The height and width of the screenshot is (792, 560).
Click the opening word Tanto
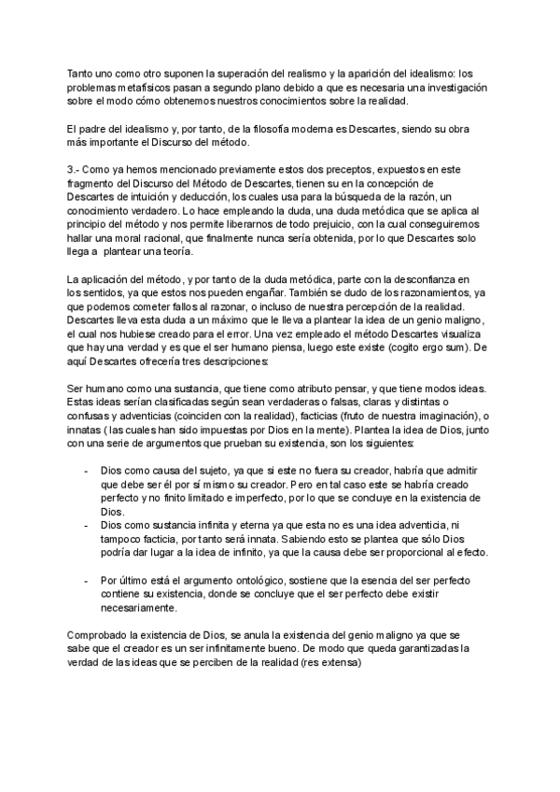[83, 74]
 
